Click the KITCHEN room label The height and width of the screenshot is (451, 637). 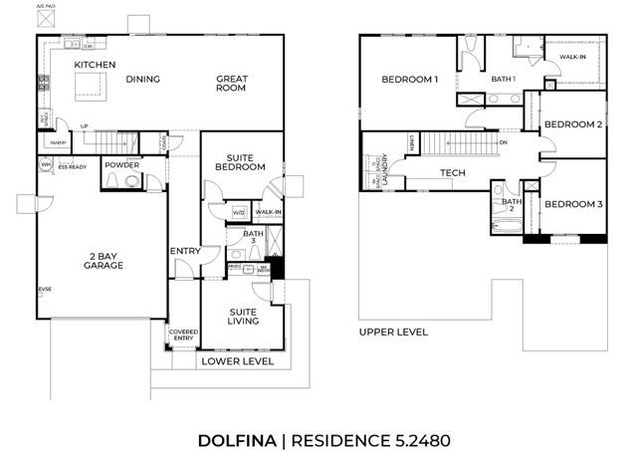click(96, 65)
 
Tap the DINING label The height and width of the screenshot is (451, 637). click(143, 80)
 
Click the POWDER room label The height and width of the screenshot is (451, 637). click(122, 165)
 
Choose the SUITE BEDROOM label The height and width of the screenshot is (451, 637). click(245, 162)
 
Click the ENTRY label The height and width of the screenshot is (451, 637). click(185, 251)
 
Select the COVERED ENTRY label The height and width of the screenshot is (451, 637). click(183, 336)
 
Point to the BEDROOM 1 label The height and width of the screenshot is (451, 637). click(409, 79)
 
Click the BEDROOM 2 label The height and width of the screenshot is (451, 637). click(573, 124)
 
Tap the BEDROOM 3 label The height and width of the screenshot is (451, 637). click(573, 204)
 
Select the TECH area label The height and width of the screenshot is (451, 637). click(453, 173)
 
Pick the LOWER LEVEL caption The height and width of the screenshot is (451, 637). click(237, 362)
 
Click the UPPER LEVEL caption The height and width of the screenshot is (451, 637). click(393, 332)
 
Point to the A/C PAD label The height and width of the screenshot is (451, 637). click(47, 6)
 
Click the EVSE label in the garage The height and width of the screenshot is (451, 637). click(44, 289)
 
